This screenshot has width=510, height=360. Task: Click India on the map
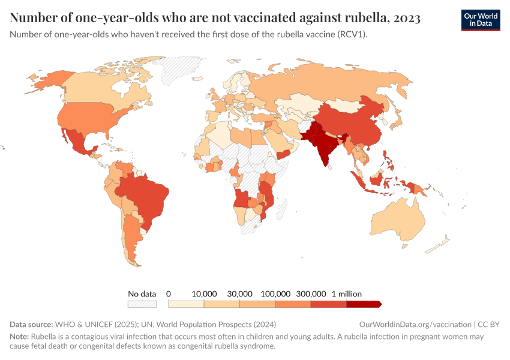325,144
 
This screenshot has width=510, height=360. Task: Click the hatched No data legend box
142,304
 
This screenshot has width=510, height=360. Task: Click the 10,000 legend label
204,294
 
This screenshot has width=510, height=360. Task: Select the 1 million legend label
347,294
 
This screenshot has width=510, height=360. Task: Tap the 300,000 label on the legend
311,294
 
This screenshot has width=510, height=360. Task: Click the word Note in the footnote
19,337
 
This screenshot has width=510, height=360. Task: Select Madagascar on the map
279,206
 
